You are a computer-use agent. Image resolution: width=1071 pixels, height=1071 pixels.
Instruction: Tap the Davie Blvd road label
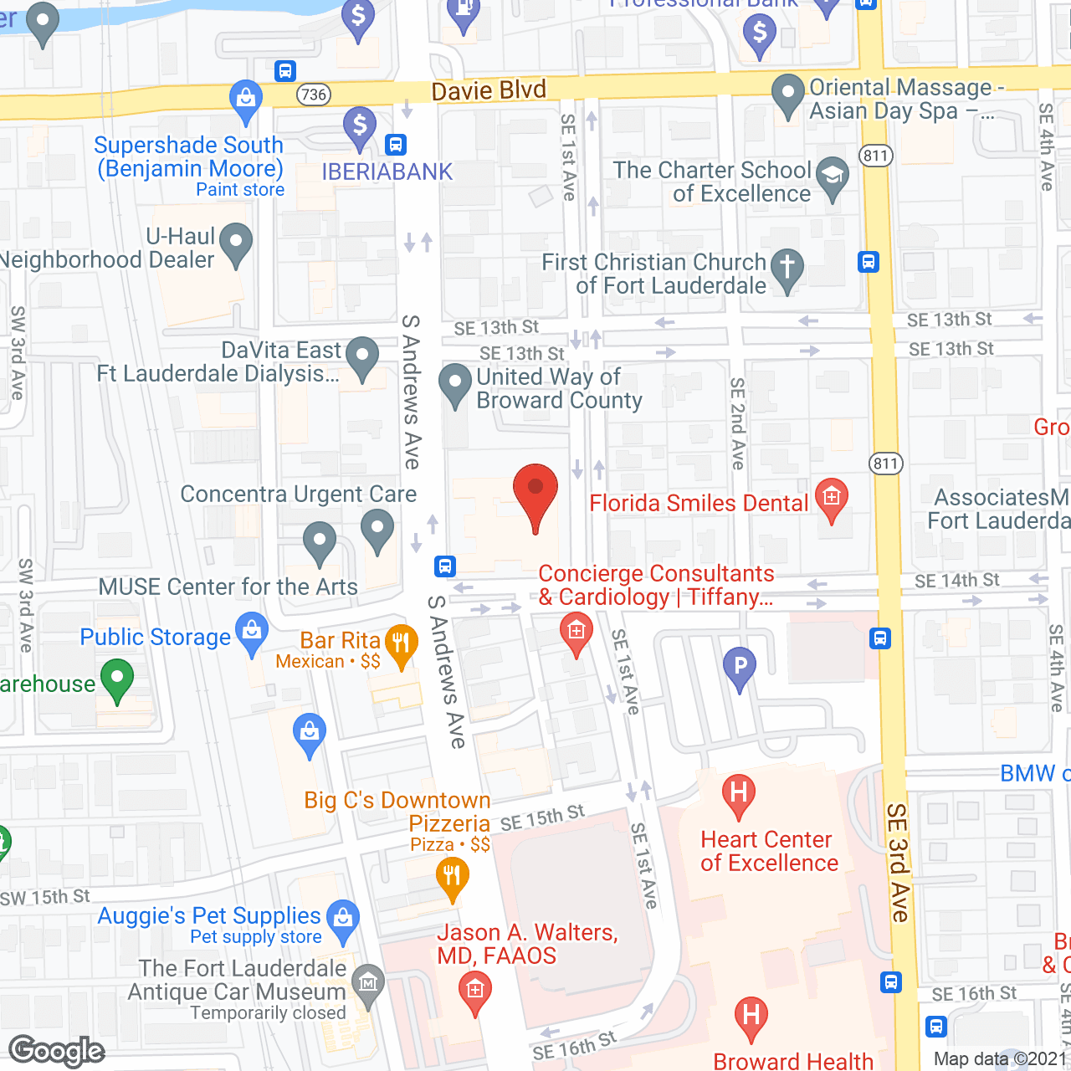489,90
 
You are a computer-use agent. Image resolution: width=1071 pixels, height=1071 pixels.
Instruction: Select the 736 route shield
314,95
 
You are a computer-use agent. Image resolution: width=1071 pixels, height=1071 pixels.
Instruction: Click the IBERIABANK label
387,172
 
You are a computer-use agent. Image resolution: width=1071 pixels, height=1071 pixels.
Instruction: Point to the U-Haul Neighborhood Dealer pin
236,243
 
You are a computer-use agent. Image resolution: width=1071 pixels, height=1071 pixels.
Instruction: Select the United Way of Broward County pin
455,385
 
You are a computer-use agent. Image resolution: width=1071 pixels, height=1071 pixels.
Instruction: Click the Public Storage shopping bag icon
252,633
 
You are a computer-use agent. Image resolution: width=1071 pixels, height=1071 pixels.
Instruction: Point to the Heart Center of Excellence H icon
738,793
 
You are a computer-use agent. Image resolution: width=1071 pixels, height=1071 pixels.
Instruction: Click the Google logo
57,1051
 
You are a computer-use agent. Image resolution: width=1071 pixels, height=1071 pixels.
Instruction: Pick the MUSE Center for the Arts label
228,587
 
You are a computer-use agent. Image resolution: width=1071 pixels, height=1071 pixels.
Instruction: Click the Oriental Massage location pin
787,95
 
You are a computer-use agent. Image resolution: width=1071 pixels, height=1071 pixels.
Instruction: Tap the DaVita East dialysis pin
362,357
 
